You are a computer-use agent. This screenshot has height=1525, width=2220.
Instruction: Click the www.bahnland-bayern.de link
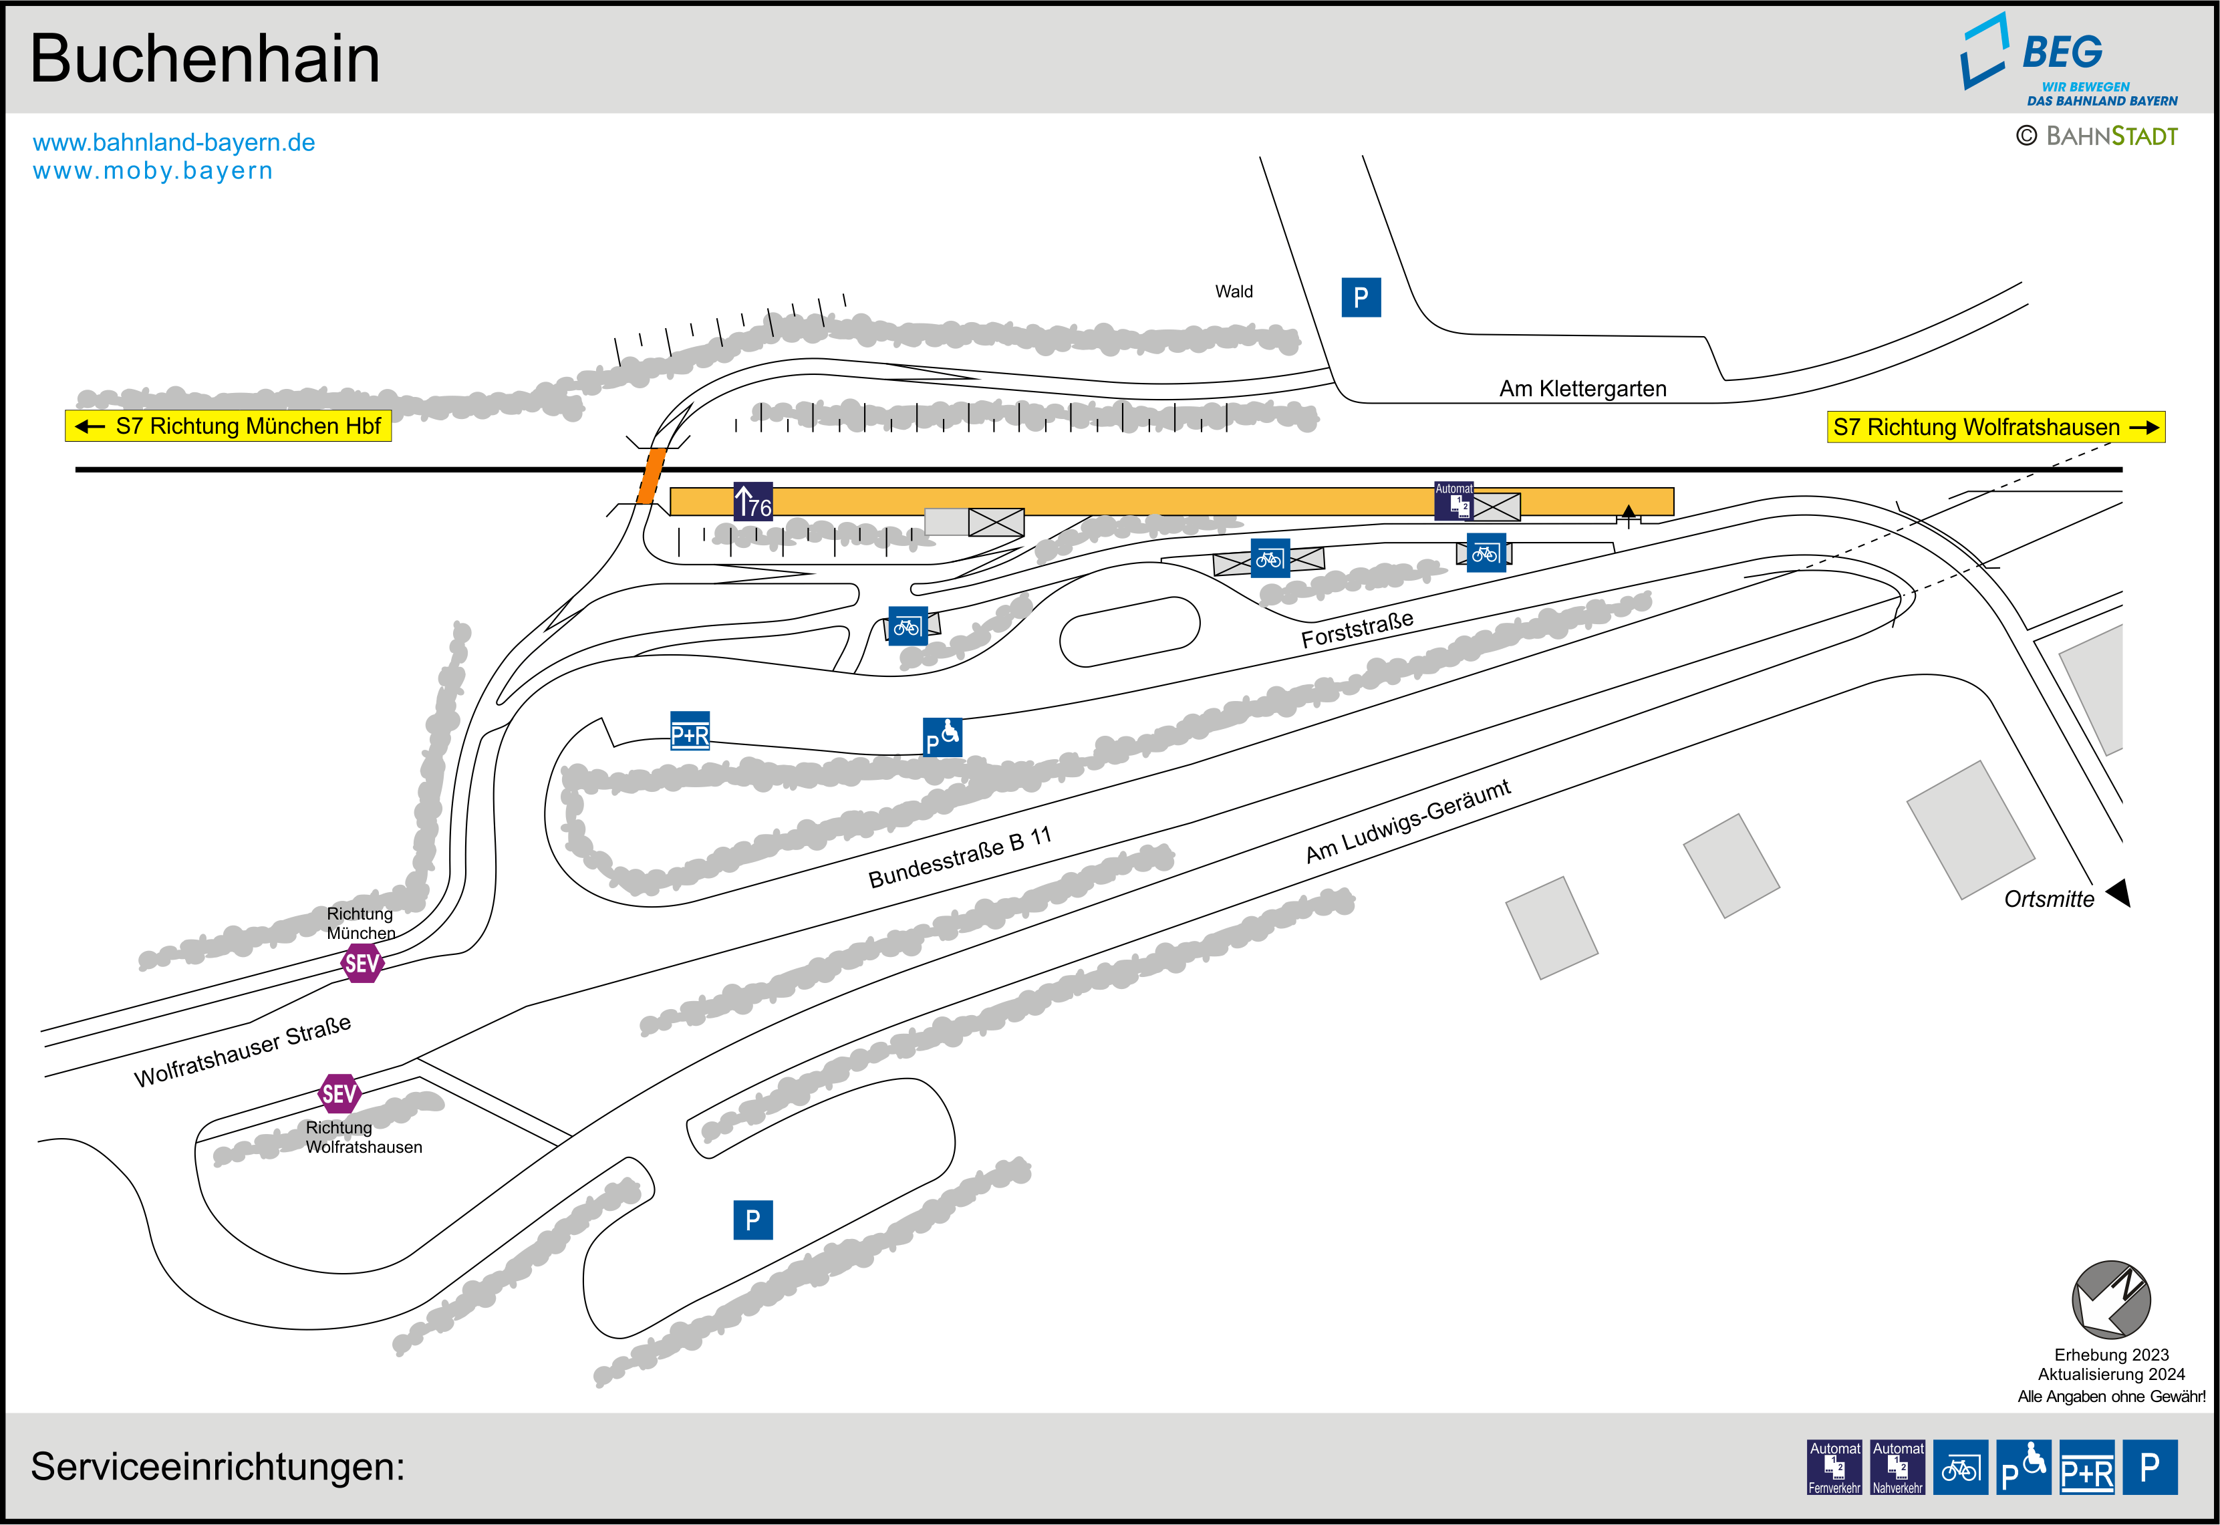(174, 142)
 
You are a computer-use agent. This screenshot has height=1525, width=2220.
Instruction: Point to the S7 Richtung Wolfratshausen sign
(1995, 427)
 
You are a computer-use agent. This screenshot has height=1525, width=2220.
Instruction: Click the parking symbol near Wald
(1361, 297)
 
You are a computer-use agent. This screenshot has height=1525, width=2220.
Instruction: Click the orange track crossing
(650, 475)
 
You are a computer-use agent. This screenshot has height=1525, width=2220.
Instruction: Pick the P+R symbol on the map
(690, 731)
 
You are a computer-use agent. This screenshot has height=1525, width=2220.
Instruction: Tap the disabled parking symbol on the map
(942, 736)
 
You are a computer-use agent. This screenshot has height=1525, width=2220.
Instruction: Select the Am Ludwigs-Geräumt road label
(1407, 821)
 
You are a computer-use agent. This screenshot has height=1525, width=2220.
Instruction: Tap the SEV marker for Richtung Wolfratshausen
(339, 1093)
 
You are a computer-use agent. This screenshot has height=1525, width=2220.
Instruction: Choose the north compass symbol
(2110, 1300)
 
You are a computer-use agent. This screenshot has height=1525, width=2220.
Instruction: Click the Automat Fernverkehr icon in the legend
(1834, 1467)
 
